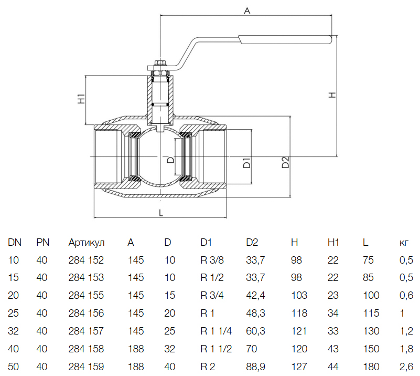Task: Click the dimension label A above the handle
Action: [246, 11]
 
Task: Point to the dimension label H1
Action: [81, 99]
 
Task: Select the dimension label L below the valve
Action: [161, 213]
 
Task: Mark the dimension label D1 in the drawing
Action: [246, 162]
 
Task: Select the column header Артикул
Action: [87, 243]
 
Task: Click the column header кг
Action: [404, 243]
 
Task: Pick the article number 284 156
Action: [86, 314]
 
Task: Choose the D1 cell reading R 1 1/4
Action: [216, 331]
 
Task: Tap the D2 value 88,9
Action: [256, 367]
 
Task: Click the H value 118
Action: [297, 314]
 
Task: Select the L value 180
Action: [370, 367]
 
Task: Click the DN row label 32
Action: [13, 331]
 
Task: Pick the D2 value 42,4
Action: [256, 296]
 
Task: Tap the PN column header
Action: [42, 243]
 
